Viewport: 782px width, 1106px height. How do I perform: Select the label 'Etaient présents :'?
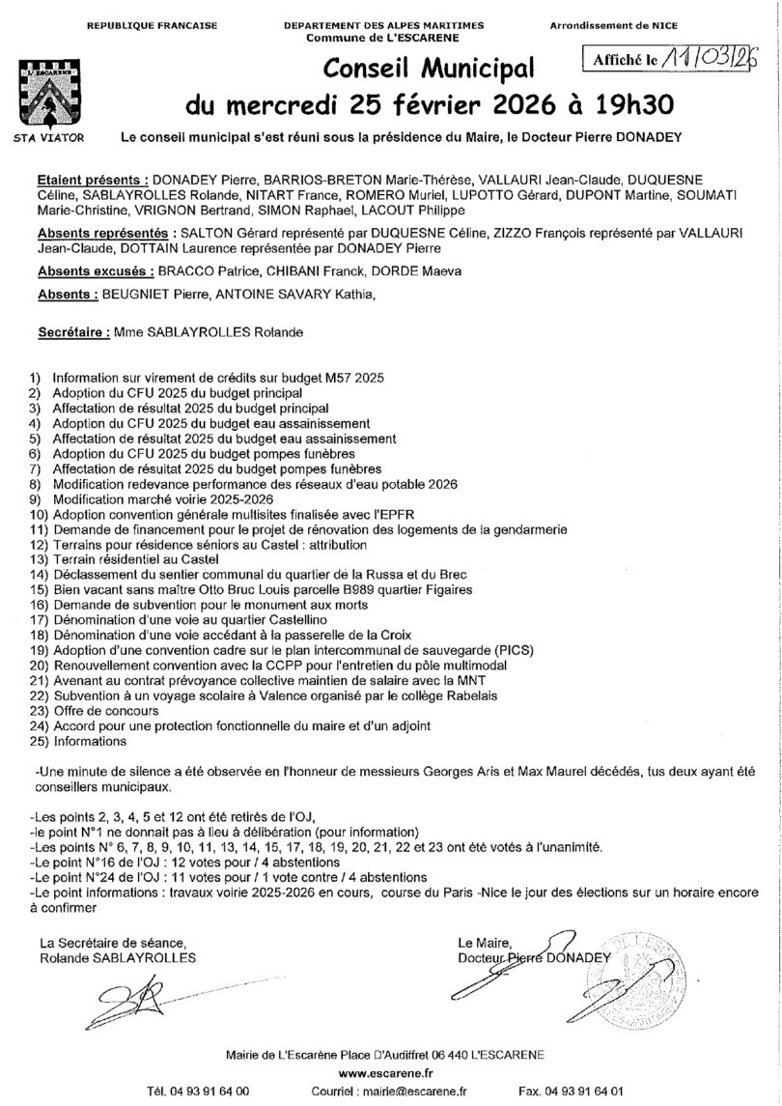point(92,180)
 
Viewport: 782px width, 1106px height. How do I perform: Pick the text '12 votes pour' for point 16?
point(191,861)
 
